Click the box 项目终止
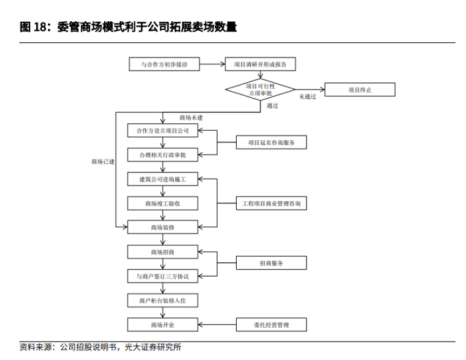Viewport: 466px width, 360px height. (x=360, y=90)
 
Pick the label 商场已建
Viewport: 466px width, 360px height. (x=103, y=162)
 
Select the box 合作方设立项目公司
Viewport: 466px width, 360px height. (x=163, y=130)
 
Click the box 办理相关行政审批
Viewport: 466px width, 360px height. (x=163, y=155)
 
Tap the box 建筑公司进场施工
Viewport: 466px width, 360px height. (x=163, y=179)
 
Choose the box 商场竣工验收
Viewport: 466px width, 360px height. (x=163, y=203)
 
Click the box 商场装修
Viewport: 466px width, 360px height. (x=163, y=227)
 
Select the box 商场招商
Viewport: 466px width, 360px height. (x=163, y=253)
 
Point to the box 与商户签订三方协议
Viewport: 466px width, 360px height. (x=163, y=277)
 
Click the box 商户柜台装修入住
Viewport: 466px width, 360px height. (x=163, y=300)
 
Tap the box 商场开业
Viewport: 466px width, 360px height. (x=163, y=324)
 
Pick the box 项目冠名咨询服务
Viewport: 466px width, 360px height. (x=272, y=142)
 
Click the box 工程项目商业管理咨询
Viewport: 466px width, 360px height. (x=272, y=203)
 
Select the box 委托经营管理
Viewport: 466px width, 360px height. (x=272, y=324)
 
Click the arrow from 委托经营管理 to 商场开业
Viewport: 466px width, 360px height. (x=216, y=324)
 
